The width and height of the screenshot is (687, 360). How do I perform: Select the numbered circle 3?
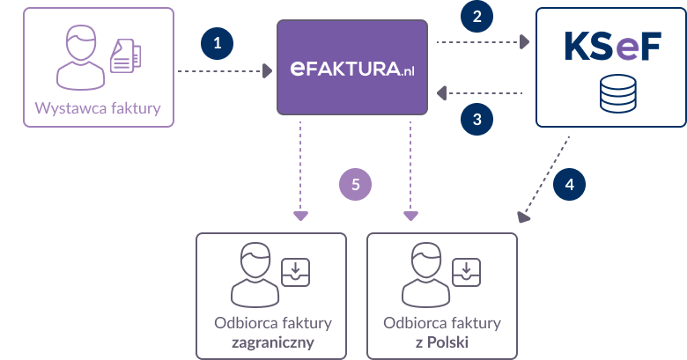476,119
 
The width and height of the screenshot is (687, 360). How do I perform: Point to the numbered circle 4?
569,185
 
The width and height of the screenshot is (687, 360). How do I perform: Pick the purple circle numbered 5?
356,185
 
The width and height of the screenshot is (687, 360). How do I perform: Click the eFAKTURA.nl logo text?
352,69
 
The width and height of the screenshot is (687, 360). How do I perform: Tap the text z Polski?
441,341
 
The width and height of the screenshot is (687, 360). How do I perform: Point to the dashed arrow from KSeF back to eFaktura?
481,92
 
